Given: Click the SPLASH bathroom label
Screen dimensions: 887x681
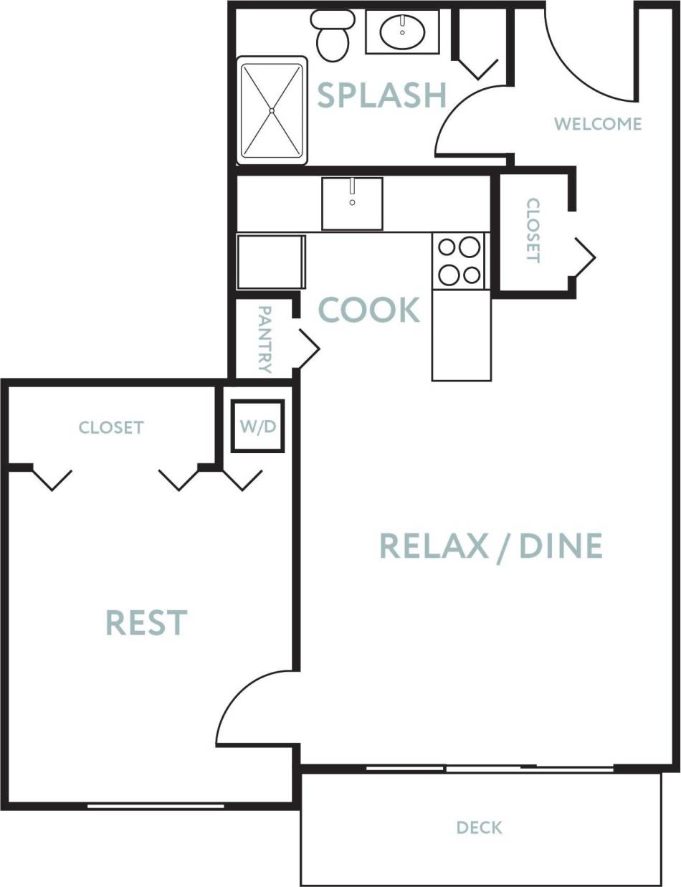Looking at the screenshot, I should (381, 95).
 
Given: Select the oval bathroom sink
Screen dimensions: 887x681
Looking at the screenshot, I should (402, 32).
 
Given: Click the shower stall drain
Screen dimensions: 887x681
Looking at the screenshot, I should (272, 110).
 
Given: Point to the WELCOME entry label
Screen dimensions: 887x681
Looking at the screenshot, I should (597, 124).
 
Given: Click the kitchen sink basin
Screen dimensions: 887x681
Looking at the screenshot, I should (351, 204).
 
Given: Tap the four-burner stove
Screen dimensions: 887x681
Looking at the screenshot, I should (459, 261).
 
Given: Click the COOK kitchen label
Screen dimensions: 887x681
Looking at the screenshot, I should (368, 310).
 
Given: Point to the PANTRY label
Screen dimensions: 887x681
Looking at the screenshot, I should (264, 339).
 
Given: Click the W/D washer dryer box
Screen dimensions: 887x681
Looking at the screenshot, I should (257, 427).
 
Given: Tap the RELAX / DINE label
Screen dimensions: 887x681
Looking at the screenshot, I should (490, 546).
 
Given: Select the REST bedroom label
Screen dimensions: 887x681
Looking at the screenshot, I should (146, 622).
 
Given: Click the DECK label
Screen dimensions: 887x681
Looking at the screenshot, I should (480, 828).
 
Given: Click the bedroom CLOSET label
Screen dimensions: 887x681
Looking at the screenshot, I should (111, 428).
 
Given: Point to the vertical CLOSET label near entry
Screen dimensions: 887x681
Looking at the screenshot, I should (533, 230).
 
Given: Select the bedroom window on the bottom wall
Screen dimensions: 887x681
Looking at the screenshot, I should (156, 806).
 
